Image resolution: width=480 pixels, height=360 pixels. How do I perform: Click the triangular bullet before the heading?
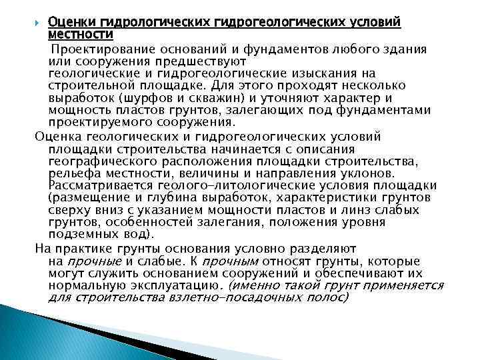(39, 23)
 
